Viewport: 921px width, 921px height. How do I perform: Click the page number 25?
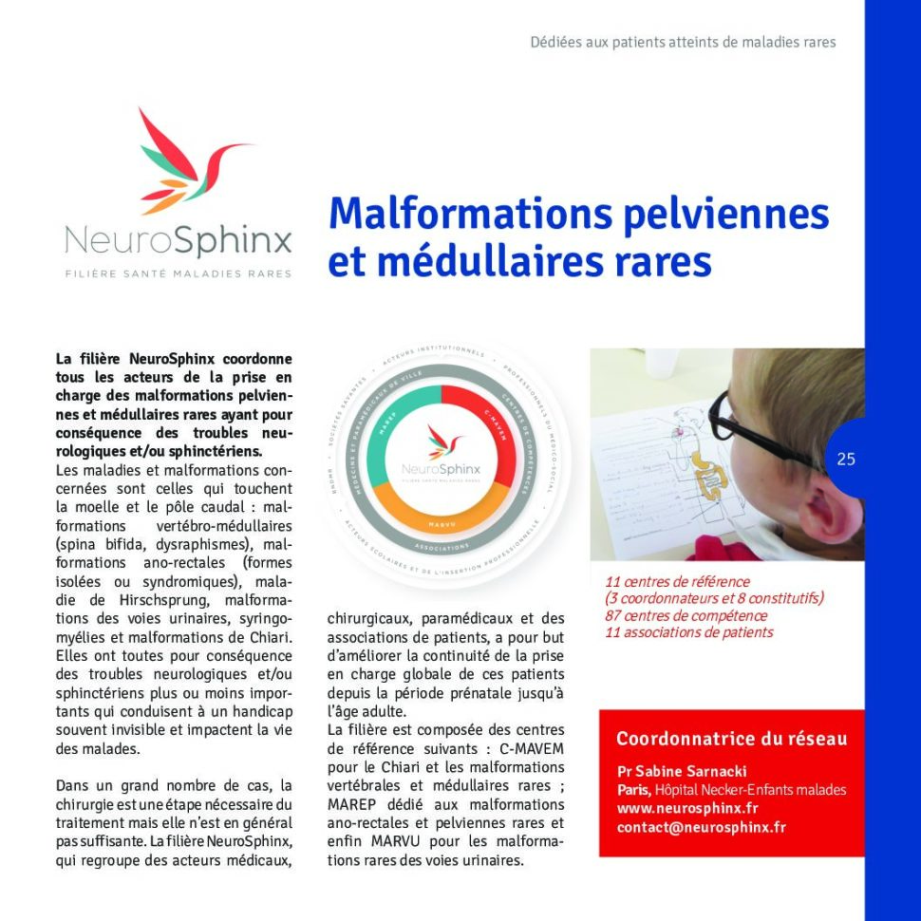tap(846, 460)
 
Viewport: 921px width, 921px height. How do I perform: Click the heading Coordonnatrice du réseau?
tap(732, 739)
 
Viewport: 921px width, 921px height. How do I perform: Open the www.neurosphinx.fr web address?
tap(687, 809)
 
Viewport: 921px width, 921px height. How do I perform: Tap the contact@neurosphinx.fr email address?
tap(702, 828)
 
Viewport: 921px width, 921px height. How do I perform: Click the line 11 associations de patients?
tap(689, 632)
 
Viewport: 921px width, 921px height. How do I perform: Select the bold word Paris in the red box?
tap(633, 790)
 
